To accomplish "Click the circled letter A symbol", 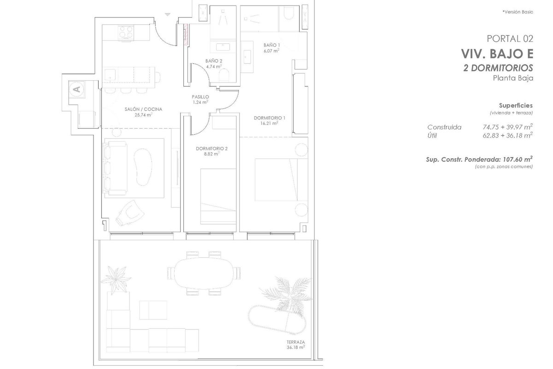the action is tap(77, 89).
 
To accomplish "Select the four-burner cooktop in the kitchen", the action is tap(126, 33).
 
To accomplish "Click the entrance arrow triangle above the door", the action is tap(168, 15).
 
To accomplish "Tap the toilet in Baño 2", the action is tap(224, 75).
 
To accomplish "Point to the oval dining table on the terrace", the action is tap(203, 274).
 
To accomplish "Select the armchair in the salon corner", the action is tap(130, 213).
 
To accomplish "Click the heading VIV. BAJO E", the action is tap(497, 54).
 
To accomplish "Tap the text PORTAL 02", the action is tap(510, 39).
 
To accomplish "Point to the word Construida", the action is tap(444, 127).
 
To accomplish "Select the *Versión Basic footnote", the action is tap(518, 12).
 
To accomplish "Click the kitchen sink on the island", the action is tap(110, 74).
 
